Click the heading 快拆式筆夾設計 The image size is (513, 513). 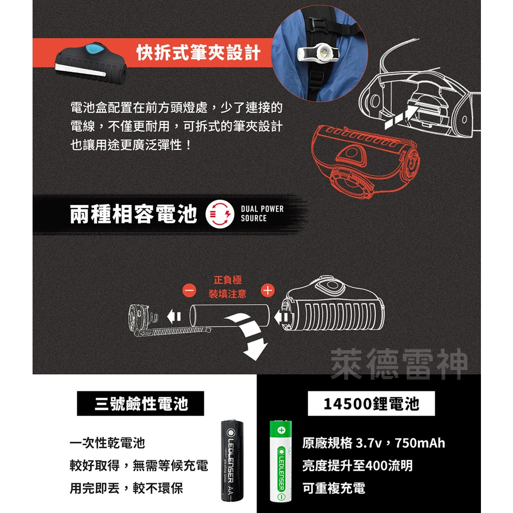pos(199,53)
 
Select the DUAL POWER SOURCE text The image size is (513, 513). pos(262,214)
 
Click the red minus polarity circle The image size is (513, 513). pos(190,291)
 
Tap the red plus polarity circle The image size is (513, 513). pos(268,290)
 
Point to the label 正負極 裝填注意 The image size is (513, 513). pos(228,287)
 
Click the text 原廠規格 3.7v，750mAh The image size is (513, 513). pos(374,443)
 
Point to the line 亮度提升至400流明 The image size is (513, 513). pos(358,466)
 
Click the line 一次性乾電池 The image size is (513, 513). pos(107,443)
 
